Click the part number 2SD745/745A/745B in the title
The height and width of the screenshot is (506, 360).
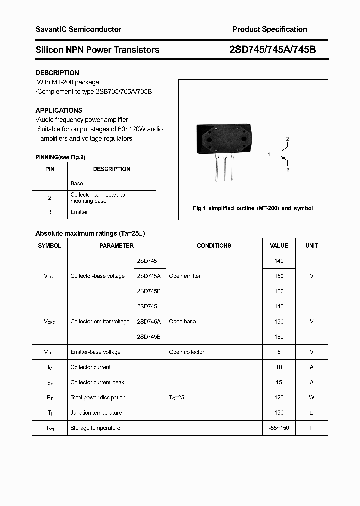[272, 49]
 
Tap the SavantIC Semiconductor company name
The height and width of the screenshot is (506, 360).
[78, 29]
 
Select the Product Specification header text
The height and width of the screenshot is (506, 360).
[269, 29]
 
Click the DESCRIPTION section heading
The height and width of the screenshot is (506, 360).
[57, 73]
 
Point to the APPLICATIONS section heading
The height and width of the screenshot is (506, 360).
[59, 110]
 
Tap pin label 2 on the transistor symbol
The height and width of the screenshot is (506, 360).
[287, 138]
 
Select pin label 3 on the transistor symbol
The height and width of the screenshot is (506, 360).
[288, 170]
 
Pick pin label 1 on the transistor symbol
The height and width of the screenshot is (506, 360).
[269, 154]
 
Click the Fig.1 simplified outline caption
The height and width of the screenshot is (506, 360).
[253, 208]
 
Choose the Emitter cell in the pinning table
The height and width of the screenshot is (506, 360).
[79, 212]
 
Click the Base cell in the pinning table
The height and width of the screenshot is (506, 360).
[77, 183]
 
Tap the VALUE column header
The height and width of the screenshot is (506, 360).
[279, 246]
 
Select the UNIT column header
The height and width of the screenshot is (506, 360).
[311, 246]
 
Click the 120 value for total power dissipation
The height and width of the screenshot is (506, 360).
[279, 397]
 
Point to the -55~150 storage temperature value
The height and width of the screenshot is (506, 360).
[279, 428]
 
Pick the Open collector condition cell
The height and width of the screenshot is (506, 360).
[186, 352]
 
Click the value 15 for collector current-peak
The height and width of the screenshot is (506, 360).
[279, 382]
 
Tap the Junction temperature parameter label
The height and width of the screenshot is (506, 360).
[96, 413]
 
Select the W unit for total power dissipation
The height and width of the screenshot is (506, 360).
[311, 397]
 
